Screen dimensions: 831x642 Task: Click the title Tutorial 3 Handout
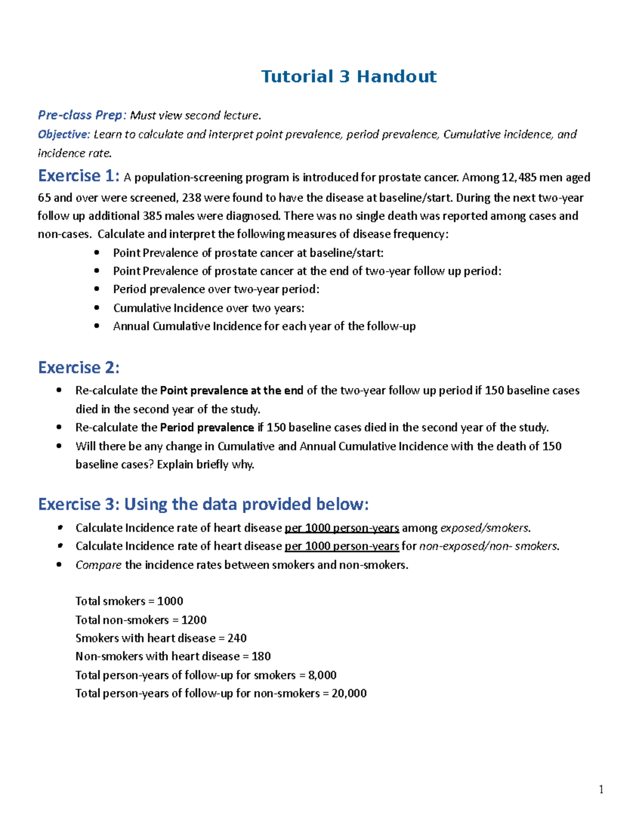348,77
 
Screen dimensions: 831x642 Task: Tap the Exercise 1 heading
78,176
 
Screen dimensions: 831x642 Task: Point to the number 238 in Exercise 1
192,198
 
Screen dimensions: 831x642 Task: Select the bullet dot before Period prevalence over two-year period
97,289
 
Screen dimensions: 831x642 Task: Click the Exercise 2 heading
79,368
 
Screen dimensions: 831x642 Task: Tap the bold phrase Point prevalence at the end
232,391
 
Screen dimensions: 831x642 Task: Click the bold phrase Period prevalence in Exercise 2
207,428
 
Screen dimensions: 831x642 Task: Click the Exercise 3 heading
203,505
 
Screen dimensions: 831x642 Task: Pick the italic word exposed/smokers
485,528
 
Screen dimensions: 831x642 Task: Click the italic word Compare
98,565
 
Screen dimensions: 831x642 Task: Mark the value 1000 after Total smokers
170,601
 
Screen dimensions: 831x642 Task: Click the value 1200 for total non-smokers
194,620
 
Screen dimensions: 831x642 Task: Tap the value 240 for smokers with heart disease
236,638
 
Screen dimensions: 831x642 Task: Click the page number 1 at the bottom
601,790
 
